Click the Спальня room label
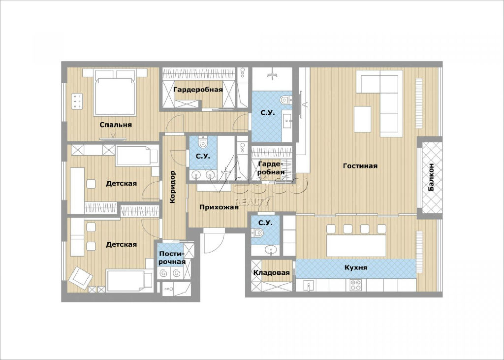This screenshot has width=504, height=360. pyautogui.click(x=116, y=125)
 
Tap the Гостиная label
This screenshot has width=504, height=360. pyautogui.click(x=360, y=166)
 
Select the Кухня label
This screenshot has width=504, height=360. pyautogui.click(x=356, y=268)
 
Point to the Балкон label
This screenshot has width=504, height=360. pyautogui.click(x=431, y=177)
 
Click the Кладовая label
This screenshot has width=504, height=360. pyautogui.click(x=272, y=273)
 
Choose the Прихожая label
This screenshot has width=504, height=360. pyautogui.click(x=219, y=207)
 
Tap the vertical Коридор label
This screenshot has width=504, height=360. pyautogui.click(x=173, y=187)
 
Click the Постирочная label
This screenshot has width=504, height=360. pyautogui.click(x=172, y=258)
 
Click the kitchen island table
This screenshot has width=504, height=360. pyautogui.click(x=356, y=246)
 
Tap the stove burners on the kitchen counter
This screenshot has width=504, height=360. pyautogui.click(x=355, y=285)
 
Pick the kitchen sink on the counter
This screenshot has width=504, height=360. pyautogui.click(x=309, y=286)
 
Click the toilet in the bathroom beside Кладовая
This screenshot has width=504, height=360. pyautogui.click(x=257, y=232)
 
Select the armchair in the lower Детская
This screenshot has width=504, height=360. pyautogui.click(x=80, y=278)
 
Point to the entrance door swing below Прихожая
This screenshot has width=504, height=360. pyautogui.click(x=214, y=241)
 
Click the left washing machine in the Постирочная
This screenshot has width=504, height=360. pyautogui.click(x=163, y=273)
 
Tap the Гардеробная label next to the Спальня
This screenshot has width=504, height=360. pyautogui.click(x=198, y=90)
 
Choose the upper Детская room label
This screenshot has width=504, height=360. pyautogui.click(x=122, y=183)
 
